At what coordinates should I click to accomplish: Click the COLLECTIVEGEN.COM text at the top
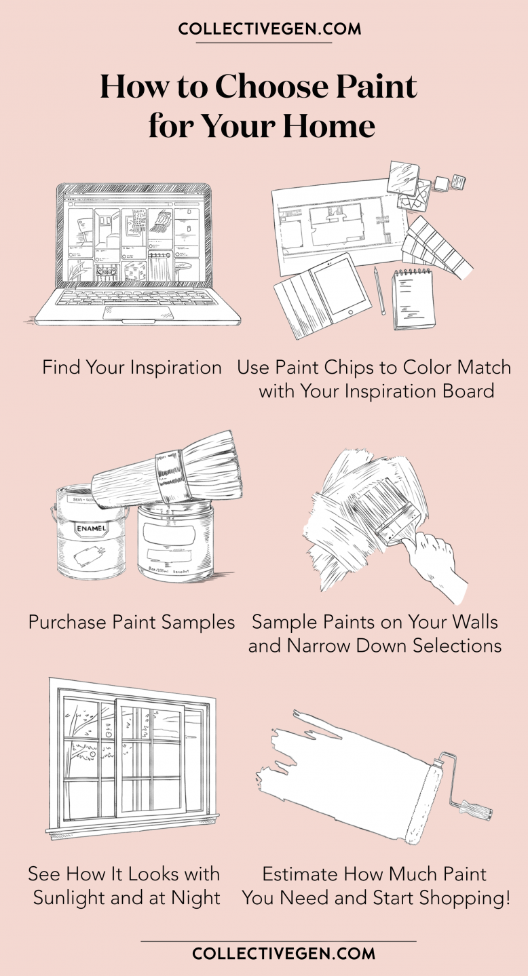(269, 29)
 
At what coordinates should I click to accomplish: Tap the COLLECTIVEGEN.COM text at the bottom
(284, 954)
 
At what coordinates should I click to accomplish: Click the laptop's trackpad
(138, 312)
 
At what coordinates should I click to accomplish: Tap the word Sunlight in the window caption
(75, 898)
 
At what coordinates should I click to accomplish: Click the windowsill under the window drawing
(132, 828)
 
